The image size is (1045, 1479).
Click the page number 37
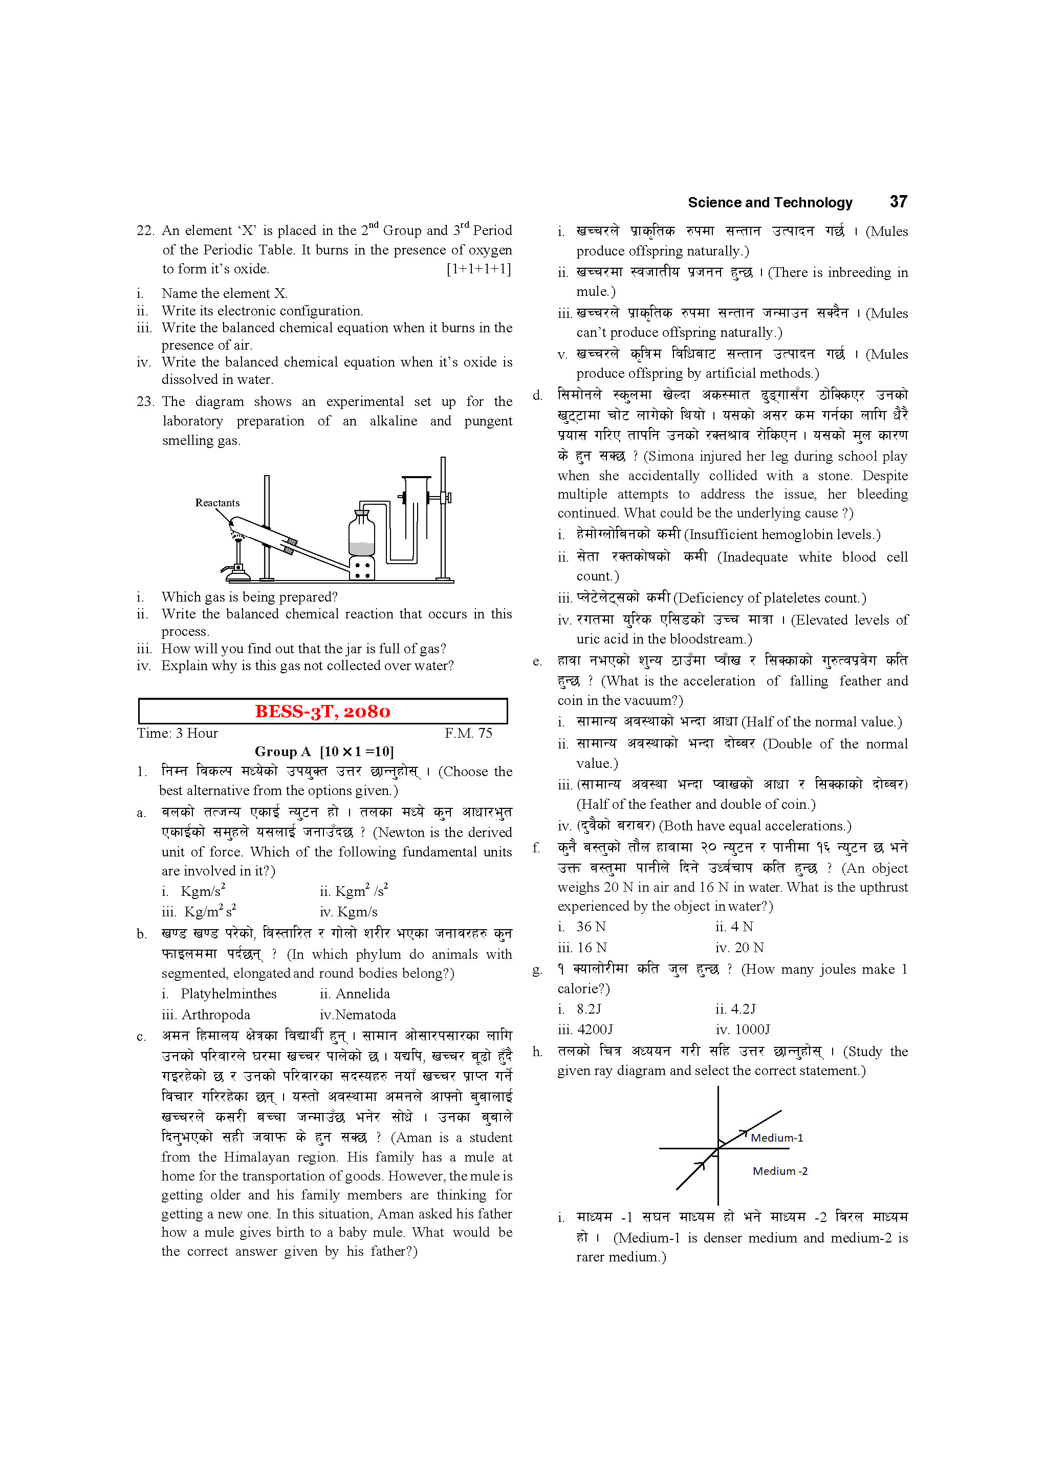pyautogui.click(x=898, y=202)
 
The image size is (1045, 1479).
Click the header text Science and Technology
pyautogui.click(x=770, y=202)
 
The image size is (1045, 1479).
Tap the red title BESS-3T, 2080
pyautogui.click(x=322, y=711)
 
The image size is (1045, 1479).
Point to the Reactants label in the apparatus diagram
pyautogui.click(x=217, y=502)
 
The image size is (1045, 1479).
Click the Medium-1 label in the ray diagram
pyautogui.click(x=776, y=1138)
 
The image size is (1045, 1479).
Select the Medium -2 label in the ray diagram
pyautogui.click(x=780, y=1171)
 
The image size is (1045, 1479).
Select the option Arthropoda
pyautogui.click(x=215, y=1015)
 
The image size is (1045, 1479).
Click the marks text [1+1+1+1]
pyautogui.click(x=478, y=269)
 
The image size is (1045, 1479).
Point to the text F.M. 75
pyautogui.click(x=468, y=733)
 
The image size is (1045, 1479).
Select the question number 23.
pyautogui.click(x=145, y=401)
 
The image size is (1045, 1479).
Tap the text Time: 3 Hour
pyautogui.click(x=177, y=733)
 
